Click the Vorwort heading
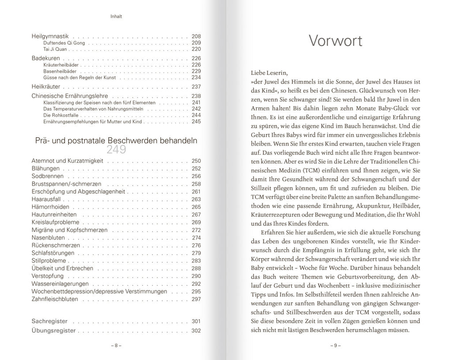(x=335, y=41)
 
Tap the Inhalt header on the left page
(x=116, y=17)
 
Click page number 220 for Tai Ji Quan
(x=196, y=49)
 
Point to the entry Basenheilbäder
(x=60, y=71)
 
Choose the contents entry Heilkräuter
(x=46, y=86)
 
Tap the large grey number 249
(x=116, y=150)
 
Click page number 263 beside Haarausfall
(x=196, y=199)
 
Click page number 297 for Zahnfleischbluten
(x=196, y=299)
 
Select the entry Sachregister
(x=49, y=321)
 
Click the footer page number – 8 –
(x=116, y=346)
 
